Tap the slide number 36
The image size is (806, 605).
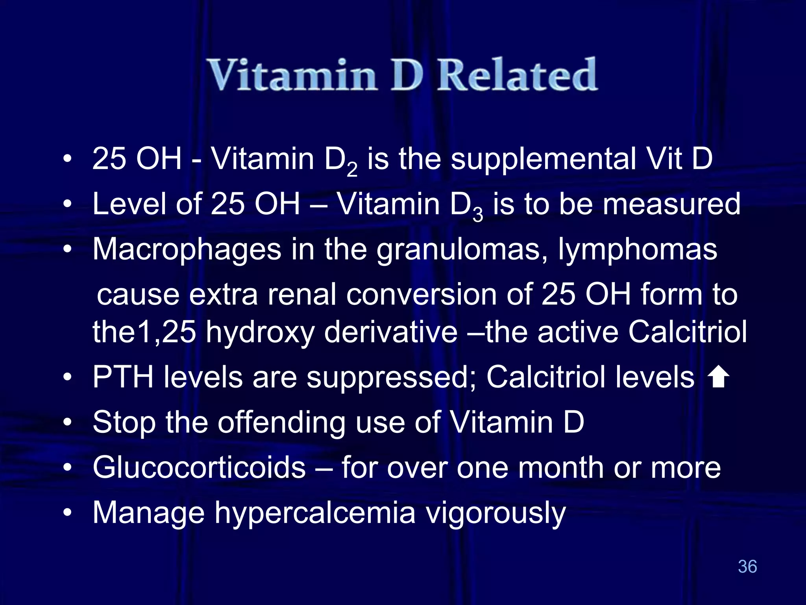click(747, 566)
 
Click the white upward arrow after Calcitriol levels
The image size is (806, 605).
click(718, 377)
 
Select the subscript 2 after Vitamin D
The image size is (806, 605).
click(352, 170)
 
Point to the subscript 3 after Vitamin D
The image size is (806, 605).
click(478, 215)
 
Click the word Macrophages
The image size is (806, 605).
click(187, 250)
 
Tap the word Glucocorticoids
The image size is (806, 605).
click(199, 467)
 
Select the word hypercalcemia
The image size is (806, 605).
click(315, 513)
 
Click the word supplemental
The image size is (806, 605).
click(543, 159)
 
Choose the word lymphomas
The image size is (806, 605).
click(638, 250)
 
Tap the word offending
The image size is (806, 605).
click(281, 423)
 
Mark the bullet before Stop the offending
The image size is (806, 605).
click(68, 423)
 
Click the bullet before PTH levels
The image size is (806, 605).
click(68, 377)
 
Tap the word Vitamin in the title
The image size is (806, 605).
click(291, 75)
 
